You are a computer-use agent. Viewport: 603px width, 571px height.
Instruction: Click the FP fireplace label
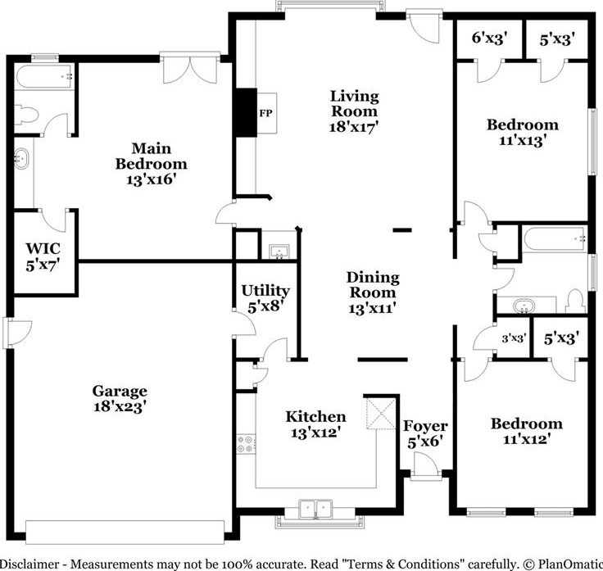pyautogui.click(x=265, y=113)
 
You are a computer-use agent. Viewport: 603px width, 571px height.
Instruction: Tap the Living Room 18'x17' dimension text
pyautogui.click(x=354, y=126)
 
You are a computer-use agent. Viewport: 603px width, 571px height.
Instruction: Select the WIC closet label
pyautogui.click(x=43, y=248)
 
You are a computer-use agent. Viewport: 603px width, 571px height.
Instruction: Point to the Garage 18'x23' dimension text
pyautogui.click(x=120, y=406)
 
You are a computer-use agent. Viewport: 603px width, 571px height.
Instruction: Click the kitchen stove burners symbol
pyautogui.click(x=246, y=443)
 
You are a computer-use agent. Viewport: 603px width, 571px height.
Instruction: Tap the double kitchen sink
pyautogui.click(x=315, y=509)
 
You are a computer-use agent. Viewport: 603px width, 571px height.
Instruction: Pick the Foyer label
pyautogui.click(x=425, y=426)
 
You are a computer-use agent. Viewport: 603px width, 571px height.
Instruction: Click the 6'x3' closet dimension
pyautogui.click(x=490, y=38)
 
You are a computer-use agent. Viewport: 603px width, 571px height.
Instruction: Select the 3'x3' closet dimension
pyautogui.click(x=514, y=339)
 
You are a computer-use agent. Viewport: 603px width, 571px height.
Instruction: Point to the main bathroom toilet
pyautogui.click(x=27, y=116)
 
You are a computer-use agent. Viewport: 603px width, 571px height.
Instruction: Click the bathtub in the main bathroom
pyautogui.click(x=43, y=77)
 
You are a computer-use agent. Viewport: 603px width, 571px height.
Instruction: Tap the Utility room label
pyautogui.click(x=265, y=290)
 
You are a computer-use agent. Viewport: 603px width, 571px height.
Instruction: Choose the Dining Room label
pyautogui.click(x=373, y=284)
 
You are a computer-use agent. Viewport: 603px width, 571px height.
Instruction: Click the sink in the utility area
pyautogui.click(x=279, y=252)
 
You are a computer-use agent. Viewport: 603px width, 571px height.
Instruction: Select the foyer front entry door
pyautogui.click(x=424, y=465)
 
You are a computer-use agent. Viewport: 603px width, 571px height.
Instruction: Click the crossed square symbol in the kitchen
pyautogui.click(x=381, y=414)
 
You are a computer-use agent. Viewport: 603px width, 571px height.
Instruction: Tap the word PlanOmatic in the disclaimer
pyautogui.click(x=570, y=564)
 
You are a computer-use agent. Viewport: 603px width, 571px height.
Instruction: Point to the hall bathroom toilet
pyautogui.click(x=575, y=301)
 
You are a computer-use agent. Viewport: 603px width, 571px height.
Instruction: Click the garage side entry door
pyautogui.click(x=17, y=333)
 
